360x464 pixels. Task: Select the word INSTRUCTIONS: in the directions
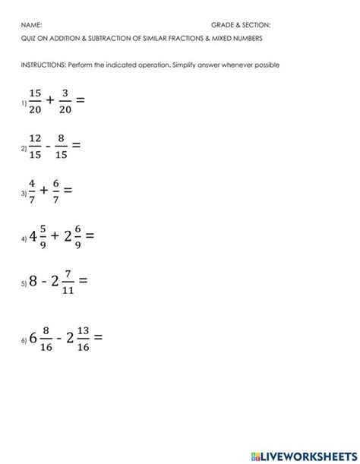(x=44, y=65)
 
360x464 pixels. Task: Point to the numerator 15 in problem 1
(x=35, y=92)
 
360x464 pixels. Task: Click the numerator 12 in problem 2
(x=35, y=137)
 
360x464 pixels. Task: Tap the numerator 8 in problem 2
(x=61, y=137)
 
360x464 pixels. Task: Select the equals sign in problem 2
(x=75, y=145)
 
